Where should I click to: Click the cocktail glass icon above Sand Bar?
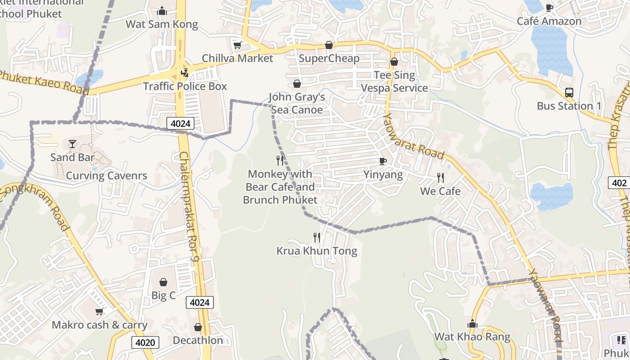coord(72,144)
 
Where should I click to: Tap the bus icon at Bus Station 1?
coord(569,93)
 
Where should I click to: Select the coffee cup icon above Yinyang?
coord(383,161)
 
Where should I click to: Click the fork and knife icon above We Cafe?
coord(441,178)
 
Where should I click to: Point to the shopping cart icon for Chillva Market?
coord(237,45)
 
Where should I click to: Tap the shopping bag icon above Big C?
coord(163,282)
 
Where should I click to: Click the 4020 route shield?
coord(145,342)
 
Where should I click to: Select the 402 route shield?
coord(619,183)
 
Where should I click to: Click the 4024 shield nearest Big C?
coord(199,302)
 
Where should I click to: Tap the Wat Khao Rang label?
coord(472,337)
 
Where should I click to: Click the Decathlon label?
coord(198,340)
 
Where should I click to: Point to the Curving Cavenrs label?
coord(107,175)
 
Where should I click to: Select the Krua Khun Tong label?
coord(317,251)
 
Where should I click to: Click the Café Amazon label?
coord(549,21)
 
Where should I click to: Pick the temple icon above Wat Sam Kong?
coord(162,11)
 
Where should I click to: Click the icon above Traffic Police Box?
coord(184,72)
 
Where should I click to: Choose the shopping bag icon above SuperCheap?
coord(329,45)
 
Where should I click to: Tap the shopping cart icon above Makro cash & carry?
coord(99,311)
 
